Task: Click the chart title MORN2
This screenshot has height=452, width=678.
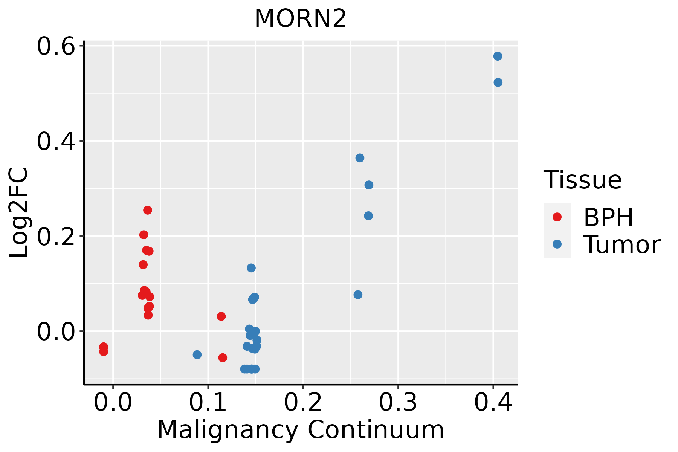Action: (x=300, y=19)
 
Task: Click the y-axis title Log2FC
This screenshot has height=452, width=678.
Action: (x=19, y=213)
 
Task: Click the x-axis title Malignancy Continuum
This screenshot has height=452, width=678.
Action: (x=300, y=430)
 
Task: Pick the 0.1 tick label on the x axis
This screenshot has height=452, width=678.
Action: (x=208, y=402)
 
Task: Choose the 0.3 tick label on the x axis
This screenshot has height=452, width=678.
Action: (x=398, y=402)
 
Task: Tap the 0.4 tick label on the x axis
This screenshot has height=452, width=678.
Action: (x=493, y=402)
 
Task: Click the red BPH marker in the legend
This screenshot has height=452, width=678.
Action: (x=557, y=217)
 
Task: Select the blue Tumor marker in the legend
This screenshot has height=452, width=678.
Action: (x=557, y=244)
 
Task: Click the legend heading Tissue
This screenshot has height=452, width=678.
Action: (x=583, y=180)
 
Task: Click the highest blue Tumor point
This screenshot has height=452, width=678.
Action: (x=498, y=56)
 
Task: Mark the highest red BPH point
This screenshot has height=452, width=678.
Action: (x=148, y=210)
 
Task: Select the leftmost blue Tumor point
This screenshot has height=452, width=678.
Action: (x=197, y=354)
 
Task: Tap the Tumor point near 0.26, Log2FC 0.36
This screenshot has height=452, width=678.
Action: (x=360, y=158)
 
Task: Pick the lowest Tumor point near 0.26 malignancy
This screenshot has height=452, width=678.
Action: (x=358, y=295)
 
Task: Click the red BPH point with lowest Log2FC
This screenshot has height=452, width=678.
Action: (x=223, y=357)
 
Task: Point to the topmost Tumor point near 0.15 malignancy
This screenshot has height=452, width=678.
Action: (x=251, y=268)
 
